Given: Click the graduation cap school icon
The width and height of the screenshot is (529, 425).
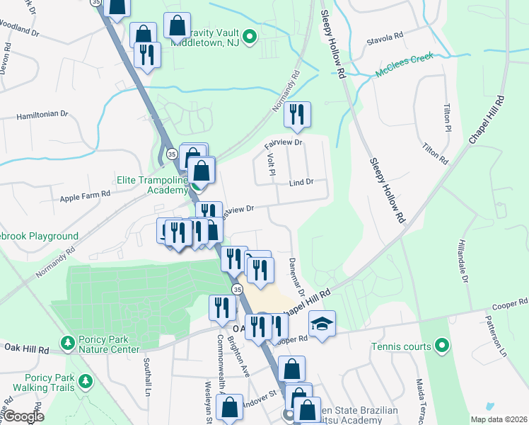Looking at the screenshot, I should click(x=322, y=323).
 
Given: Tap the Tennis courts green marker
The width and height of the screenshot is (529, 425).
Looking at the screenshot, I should click(x=442, y=346).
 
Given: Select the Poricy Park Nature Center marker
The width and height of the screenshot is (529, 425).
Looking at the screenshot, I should click(x=68, y=343).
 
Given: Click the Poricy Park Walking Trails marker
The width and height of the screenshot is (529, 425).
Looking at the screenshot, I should click(x=86, y=382).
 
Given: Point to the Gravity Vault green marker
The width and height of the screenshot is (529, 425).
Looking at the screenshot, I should click(x=249, y=38).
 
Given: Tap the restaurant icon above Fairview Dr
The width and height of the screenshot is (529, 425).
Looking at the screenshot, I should click(x=297, y=115).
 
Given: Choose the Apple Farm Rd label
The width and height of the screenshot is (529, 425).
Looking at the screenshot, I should click(x=86, y=193).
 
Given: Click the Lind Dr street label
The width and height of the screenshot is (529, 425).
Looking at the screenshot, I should click(x=301, y=183).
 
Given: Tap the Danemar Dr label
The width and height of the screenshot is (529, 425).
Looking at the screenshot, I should click(x=296, y=277).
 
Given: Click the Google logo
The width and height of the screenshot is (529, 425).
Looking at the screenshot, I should click(x=24, y=416).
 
